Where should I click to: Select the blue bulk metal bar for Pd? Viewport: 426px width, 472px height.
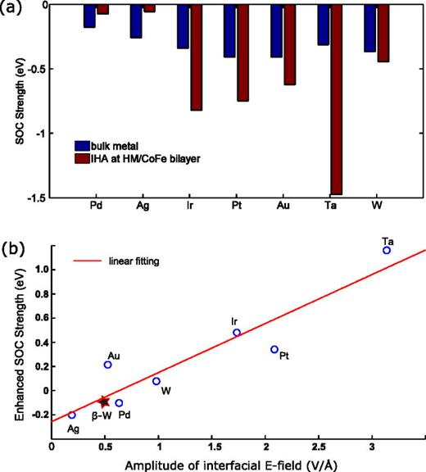(89, 16)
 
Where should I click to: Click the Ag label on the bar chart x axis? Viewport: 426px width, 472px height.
(143, 206)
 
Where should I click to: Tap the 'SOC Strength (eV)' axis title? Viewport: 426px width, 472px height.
(16, 99)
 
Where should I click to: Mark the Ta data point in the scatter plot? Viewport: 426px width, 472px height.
(387, 250)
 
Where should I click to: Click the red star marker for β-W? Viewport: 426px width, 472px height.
(104, 402)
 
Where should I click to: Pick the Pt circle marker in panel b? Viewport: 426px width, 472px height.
(274, 349)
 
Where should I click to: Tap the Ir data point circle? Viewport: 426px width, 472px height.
(237, 333)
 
